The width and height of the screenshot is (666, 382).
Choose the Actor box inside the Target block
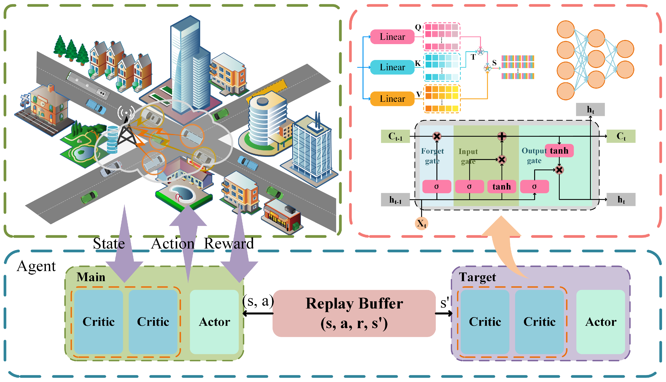coord(601,322)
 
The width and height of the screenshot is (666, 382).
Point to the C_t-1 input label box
coord(395,136)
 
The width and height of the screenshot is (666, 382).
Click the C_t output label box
coord(621,136)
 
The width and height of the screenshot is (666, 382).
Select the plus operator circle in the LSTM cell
coord(502,136)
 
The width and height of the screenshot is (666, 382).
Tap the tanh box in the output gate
coord(559,151)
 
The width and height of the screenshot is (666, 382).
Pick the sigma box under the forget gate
coord(437,187)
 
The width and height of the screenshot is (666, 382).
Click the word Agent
coord(36,266)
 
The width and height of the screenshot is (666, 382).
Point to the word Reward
coord(229,244)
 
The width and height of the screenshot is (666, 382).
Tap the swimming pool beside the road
coord(182,194)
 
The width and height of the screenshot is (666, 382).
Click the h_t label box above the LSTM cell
coord(590,109)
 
